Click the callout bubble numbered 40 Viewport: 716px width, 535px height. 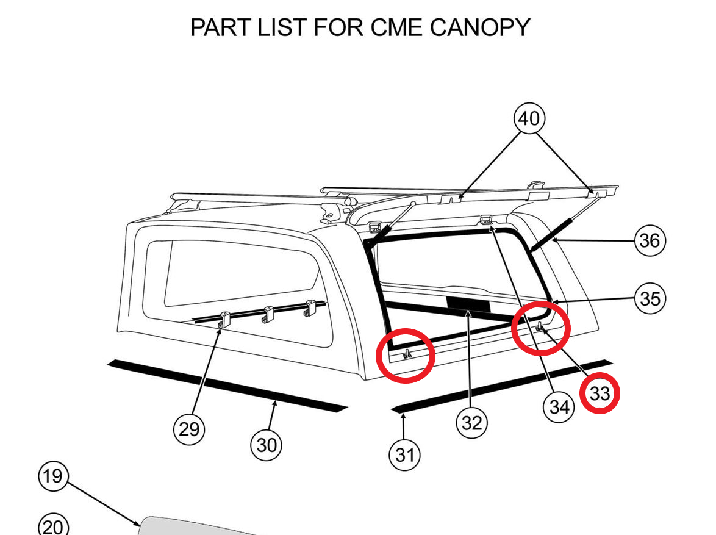529,118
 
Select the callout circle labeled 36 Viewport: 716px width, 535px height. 650,241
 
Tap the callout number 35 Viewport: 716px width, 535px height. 650,299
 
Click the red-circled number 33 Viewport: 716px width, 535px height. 600,394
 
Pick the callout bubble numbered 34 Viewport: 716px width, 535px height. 559,407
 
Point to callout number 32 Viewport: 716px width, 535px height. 471,423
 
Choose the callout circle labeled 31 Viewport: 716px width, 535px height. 405,455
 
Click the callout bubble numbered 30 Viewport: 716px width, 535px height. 267,445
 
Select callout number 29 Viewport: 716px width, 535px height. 189,429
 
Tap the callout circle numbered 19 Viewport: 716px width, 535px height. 53,476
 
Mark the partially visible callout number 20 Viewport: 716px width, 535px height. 53,526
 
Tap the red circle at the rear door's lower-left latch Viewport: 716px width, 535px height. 407,355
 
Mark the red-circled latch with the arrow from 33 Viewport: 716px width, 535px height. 540,327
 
